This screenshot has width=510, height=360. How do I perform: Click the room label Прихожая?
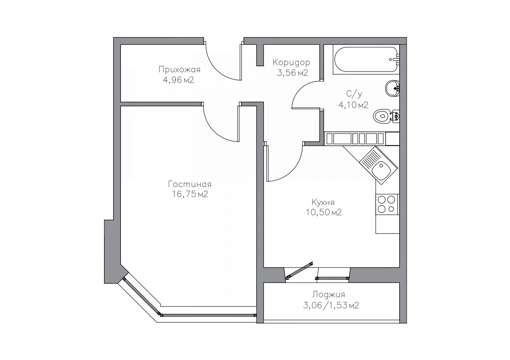pyautogui.click(x=179, y=70)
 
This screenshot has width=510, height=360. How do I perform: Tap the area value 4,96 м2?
pyautogui.click(x=178, y=80)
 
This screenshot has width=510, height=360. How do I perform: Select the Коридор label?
pyautogui.click(x=291, y=62)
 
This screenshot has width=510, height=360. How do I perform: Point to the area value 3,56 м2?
pyautogui.click(x=292, y=73)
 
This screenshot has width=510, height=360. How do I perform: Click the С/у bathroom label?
pyautogui.click(x=354, y=94)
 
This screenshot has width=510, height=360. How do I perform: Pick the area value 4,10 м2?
pyautogui.click(x=353, y=105)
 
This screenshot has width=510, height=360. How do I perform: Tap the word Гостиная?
pyautogui.click(x=189, y=184)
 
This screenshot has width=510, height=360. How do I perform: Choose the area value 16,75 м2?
pyautogui.click(x=190, y=194)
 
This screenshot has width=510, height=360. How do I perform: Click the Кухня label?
pyautogui.click(x=323, y=202)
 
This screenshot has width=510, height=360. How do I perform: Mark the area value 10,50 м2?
pyautogui.click(x=323, y=213)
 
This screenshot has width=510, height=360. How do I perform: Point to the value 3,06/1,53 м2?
pyautogui.click(x=331, y=305)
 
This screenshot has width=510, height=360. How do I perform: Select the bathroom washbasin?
pyautogui.click(x=393, y=88)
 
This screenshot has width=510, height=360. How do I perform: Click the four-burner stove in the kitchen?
pyautogui.click(x=387, y=204)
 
